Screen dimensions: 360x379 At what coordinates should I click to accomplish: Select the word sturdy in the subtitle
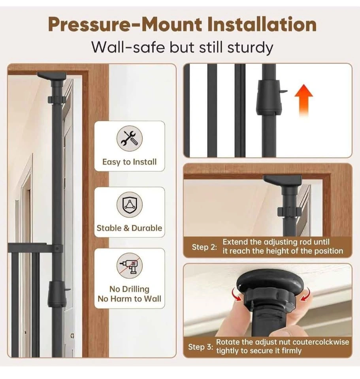tap(250, 48)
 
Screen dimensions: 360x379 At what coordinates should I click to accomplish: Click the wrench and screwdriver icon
tap(130, 139)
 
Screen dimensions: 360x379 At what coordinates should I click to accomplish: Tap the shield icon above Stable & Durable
tap(130, 205)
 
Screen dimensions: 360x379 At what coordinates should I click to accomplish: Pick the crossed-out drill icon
tap(130, 266)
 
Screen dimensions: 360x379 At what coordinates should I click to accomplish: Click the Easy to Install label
tap(130, 162)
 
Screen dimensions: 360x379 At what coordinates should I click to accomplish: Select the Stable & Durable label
tap(130, 228)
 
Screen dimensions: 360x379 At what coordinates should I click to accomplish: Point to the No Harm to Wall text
tap(130, 299)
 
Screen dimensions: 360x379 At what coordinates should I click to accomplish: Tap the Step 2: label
tap(204, 247)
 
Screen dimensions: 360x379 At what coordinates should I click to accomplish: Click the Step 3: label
tap(201, 347)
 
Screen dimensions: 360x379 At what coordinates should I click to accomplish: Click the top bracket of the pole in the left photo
tap(52, 76)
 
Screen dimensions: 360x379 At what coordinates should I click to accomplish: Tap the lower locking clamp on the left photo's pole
tap(58, 294)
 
